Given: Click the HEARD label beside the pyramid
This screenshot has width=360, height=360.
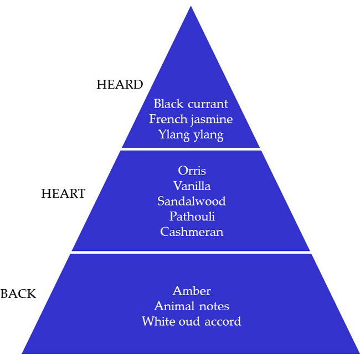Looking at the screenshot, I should [120, 85].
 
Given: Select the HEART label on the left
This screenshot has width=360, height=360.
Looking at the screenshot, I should [63, 194].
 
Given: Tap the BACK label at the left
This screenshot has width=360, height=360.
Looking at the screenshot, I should [18, 294].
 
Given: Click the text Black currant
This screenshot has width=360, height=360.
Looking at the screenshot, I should [191, 104].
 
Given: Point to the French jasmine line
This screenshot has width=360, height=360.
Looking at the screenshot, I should [191, 119].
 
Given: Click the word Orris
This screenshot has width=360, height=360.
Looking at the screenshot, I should [192, 171].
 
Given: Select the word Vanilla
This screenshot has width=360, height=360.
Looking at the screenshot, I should [192, 186].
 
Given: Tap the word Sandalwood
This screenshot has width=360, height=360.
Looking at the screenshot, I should [192, 201].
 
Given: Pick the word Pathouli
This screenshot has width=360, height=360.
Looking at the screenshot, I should [192, 217].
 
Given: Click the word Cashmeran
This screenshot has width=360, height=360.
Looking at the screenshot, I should [192, 232].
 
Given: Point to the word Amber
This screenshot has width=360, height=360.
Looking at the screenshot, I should [192, 291].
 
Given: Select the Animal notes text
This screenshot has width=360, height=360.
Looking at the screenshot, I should [192, 306].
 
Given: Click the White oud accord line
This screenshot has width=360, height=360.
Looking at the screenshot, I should [192, 321].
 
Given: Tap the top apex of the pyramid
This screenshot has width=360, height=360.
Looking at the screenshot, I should [191, 8].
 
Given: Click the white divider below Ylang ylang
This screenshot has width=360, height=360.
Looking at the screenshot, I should [191, 149].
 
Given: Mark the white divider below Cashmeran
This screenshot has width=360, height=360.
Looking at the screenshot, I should [191, 252].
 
